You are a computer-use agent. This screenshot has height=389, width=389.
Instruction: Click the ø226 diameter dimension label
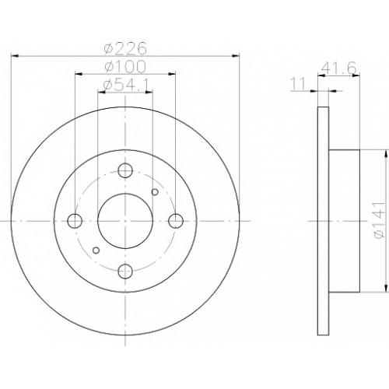[125, 48]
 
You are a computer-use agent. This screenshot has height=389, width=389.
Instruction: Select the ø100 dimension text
[125, 67]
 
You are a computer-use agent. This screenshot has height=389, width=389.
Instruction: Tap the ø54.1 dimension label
[125, 85]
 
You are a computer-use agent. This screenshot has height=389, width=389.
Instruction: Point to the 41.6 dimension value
[338, 68]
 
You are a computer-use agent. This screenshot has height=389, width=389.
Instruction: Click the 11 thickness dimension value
[297, 85]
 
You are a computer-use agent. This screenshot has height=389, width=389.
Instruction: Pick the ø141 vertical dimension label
[378, 220]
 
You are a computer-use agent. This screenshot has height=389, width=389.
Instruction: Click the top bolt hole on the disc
[125, 170]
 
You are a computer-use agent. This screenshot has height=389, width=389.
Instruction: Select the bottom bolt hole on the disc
[125, 272]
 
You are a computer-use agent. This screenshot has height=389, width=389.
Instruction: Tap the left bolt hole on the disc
[75, 221]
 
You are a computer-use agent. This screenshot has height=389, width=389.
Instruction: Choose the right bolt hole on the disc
[176, 221]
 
